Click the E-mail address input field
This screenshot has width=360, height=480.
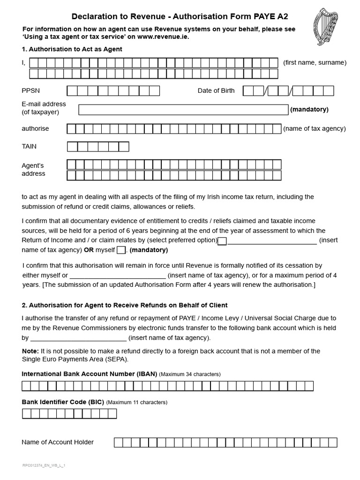183,110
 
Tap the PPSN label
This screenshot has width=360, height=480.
30,91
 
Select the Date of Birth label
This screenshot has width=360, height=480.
216,90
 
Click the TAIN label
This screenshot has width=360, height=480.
29,146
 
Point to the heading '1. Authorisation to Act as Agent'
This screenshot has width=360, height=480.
72,49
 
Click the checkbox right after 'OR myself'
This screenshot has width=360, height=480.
121,250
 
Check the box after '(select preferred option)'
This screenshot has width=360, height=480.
223,241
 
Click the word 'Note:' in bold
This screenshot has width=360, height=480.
30,351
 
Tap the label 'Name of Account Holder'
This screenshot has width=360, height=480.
58,442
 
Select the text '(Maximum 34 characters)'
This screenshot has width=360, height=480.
190,374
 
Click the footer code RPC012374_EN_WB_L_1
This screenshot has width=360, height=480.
44,465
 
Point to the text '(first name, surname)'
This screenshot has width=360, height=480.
315,63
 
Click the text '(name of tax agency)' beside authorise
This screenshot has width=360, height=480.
315,128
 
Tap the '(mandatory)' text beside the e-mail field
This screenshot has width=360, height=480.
309,109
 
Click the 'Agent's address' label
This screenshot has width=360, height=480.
33,169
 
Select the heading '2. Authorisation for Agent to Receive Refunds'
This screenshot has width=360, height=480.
125,305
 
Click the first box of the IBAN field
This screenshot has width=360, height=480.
26,386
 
